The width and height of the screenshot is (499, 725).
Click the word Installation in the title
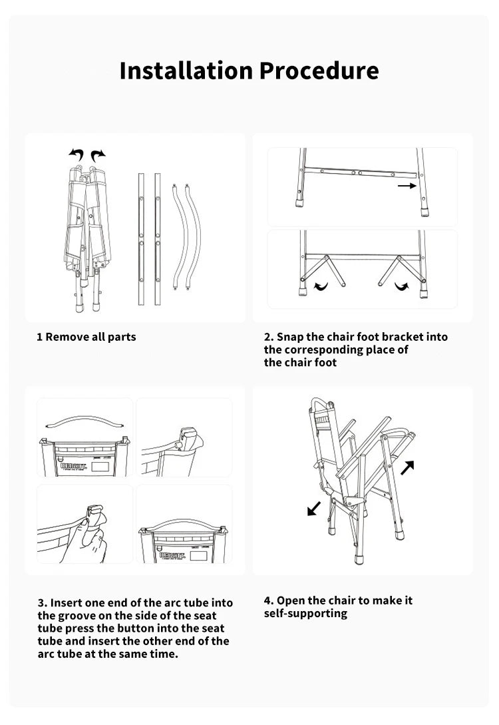click(186, 71)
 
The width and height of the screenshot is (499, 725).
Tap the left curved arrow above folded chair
click(77, 155)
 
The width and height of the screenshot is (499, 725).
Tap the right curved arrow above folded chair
click(98, 155)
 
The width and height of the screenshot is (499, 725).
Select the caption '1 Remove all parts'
click(86, 337)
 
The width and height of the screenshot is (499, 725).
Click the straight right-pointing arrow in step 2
click(407, 186)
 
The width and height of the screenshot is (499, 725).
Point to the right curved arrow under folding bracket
click(402, 286)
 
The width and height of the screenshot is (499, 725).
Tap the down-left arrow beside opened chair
click(313, 508)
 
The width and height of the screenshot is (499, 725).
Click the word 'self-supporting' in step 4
click(305, 613)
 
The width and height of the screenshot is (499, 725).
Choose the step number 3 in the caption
click(41, 603)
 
